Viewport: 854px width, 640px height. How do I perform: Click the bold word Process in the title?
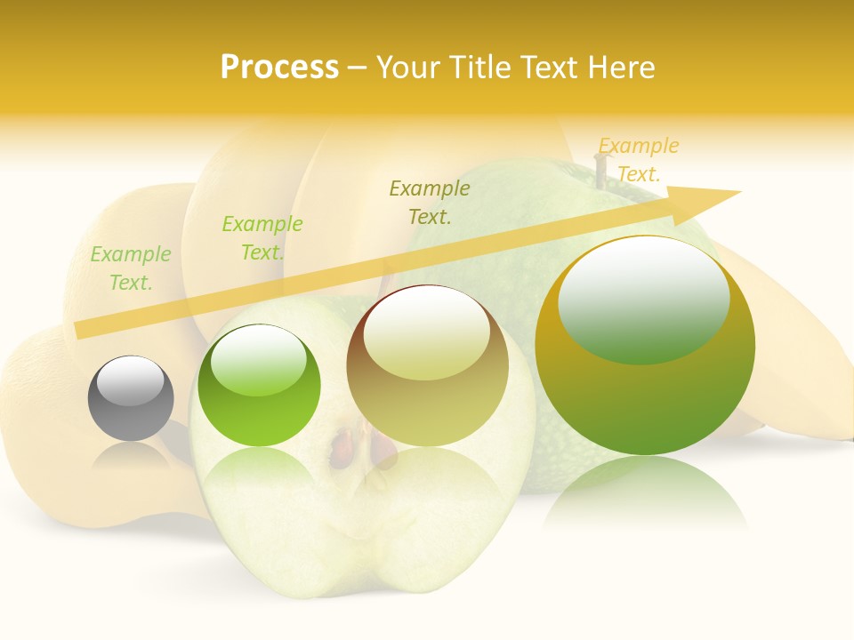click(x=279, y=68)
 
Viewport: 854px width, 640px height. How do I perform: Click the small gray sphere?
click(x=131, y=398)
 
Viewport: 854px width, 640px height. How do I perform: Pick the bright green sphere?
click(x=259, y=386)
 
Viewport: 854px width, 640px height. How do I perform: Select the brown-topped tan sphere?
click(x=428, y=366)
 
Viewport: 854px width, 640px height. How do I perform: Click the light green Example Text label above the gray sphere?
click(x=131, y=268)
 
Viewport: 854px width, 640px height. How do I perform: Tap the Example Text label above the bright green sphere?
click(x=262, y=238)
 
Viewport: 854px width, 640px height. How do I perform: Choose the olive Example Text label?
click(x=430, y=202)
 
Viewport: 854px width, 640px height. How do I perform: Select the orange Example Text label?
click(x=638, y=159)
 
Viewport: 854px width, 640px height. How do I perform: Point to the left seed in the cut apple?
click(x=342, y=450)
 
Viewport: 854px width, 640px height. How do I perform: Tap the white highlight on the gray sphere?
click(x=131, y=380)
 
